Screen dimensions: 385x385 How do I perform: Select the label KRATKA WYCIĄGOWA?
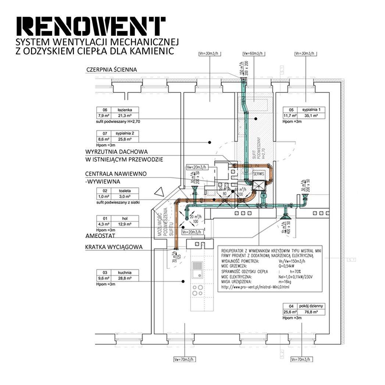(x=114, y=247)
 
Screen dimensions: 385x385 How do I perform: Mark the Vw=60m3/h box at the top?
(x=253, y=53)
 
